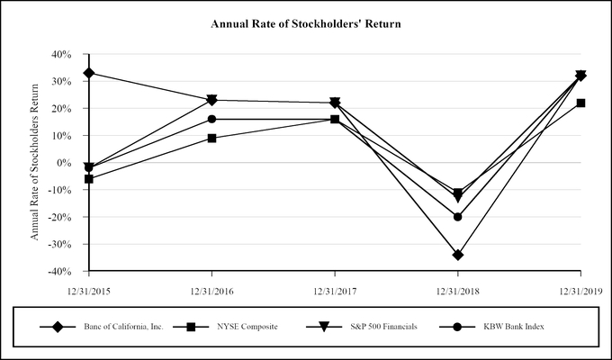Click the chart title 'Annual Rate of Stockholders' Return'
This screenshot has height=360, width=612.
point(305,23)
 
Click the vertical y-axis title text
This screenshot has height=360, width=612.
point(36,163)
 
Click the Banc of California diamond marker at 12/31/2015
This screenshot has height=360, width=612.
point(88,73)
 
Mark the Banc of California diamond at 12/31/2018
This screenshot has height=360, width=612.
point(458,255)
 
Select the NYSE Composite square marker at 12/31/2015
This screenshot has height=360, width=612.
point(88,179)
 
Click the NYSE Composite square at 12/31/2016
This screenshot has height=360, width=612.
point(211,138)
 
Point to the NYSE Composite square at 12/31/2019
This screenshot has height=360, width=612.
point(581,103)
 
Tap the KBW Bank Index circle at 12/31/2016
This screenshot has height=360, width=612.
point(211,119)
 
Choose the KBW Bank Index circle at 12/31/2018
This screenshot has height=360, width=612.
point(458,217)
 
